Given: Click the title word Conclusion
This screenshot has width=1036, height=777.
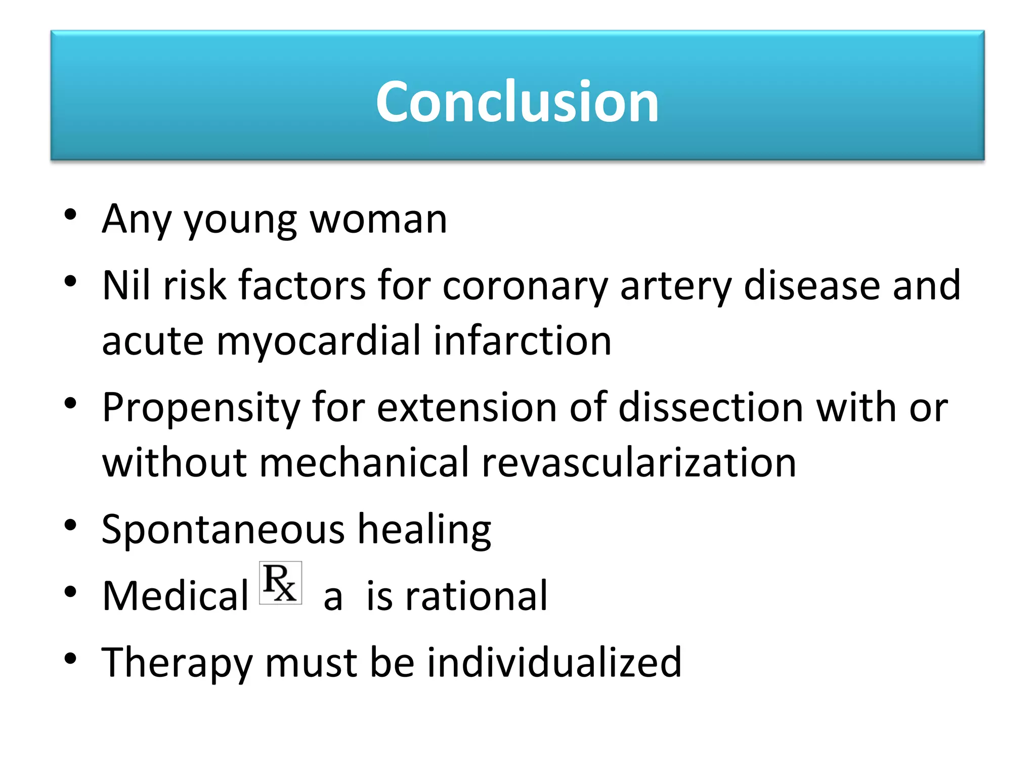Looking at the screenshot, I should coord(517,102).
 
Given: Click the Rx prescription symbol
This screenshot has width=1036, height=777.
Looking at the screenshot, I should coord(280,583).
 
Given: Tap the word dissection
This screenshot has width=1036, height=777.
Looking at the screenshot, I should coord(711,408).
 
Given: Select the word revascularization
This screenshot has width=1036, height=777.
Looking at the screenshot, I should coord(638,462).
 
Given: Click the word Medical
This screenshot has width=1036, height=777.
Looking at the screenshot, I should coord(175,596).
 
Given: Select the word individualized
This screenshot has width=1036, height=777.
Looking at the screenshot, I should coord(554,662).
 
